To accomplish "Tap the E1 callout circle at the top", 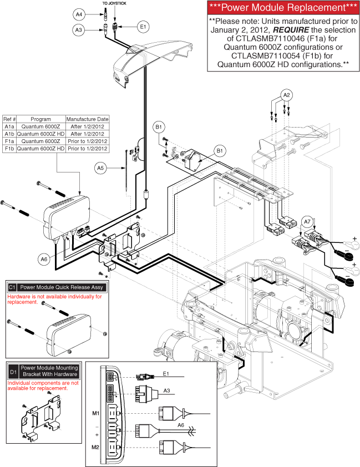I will (x=143, y=26).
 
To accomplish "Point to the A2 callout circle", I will (x=286, y=95).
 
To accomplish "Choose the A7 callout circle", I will (x=307, y=222).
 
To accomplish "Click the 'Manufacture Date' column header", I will (x=87, y=119).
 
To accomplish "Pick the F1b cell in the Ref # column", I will (x=9, y=148).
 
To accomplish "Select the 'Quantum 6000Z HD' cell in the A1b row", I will (x=41, y=134).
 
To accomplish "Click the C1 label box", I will (x=12, y=287).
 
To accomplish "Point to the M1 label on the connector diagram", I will (x=95, y=413).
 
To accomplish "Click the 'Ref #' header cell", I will (x=9, y=119).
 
